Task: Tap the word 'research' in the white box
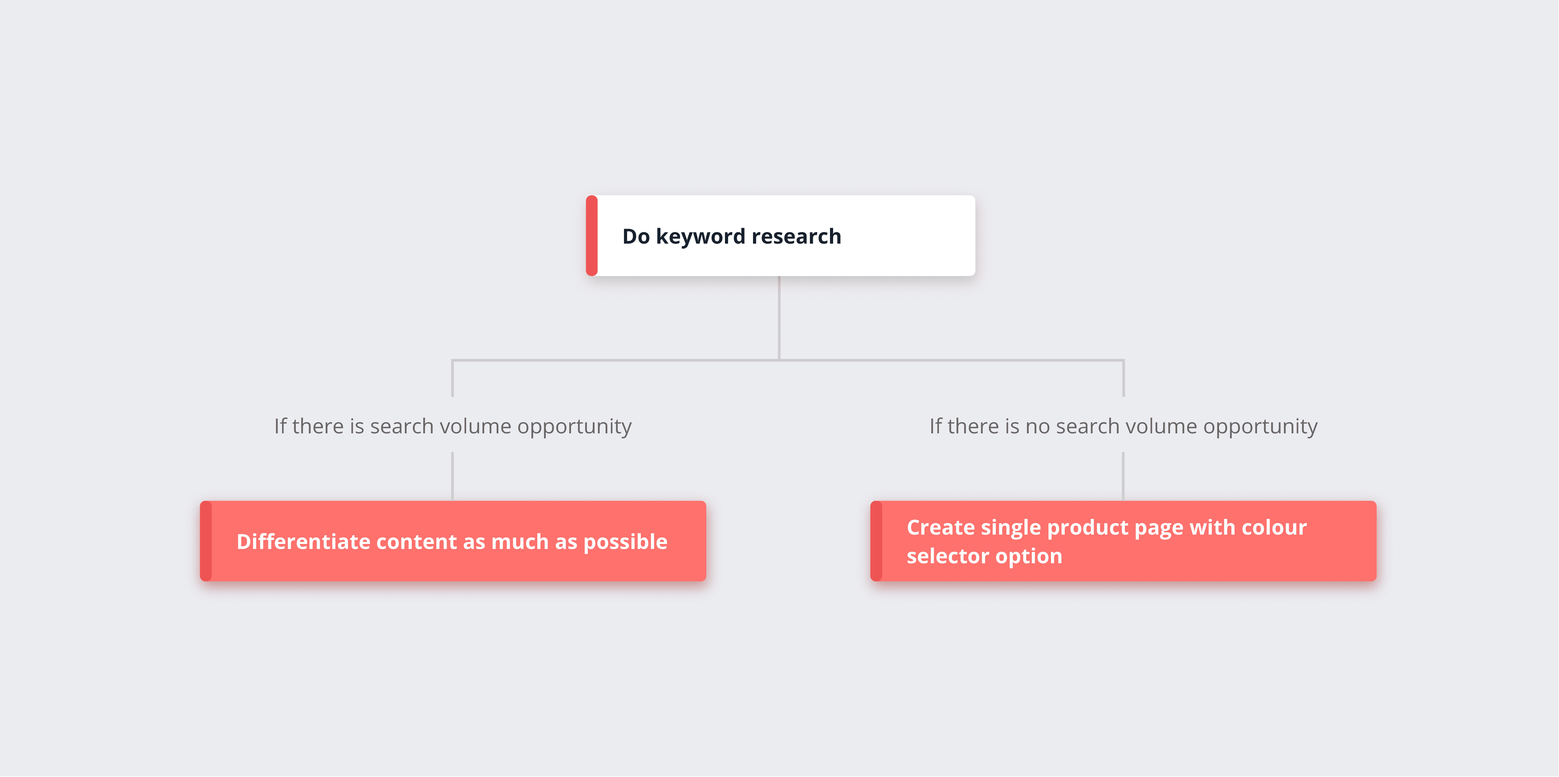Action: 796,236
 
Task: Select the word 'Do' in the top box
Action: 636,236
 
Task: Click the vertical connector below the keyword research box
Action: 779,318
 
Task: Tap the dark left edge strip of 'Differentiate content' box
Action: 206,541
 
